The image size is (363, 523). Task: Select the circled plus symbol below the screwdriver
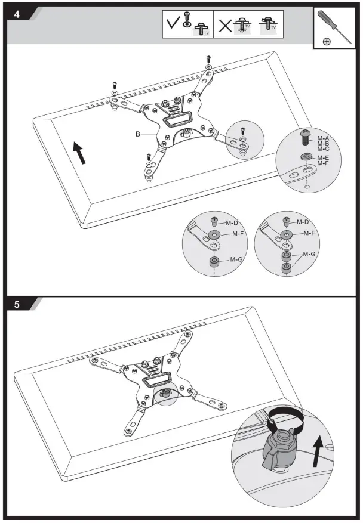pos(327,41)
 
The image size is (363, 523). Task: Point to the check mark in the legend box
pos(173,24)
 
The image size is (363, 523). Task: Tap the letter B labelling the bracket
pos(137,135)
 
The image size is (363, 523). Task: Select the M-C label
pos(323,148)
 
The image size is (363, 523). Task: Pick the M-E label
pos(323,157)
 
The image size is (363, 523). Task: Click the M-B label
pos(323,143)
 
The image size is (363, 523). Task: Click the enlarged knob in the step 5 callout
pos(279,447)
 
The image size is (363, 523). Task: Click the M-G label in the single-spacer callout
pos(237,259)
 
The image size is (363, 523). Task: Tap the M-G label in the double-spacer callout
pos(309,254)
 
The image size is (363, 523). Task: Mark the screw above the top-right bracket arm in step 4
pos(208,59)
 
